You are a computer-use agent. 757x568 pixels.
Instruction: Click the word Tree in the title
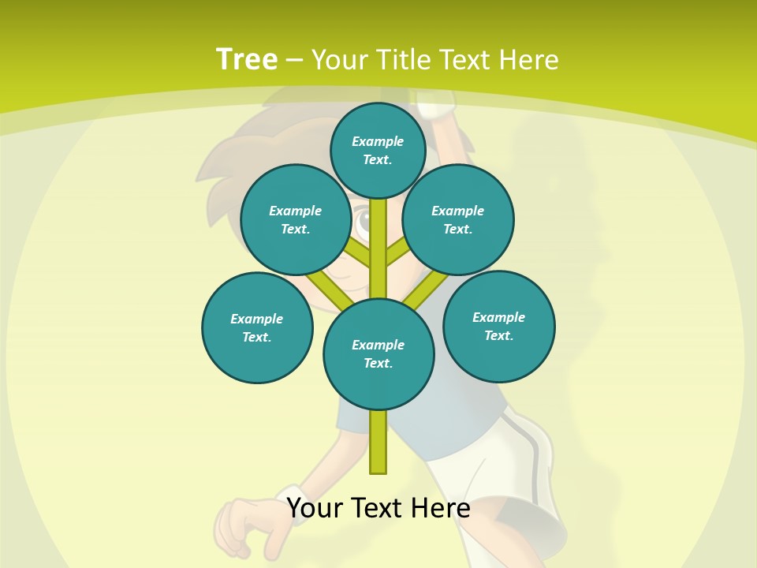(x=246, y=59)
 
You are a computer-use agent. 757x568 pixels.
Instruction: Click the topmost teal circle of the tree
(x=378, y=150)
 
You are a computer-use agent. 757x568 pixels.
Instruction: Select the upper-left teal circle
(x=295, y=219)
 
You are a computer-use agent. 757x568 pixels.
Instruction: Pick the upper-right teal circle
(x=458, y=219)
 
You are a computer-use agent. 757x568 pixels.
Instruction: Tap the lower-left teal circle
(x=257, y=327)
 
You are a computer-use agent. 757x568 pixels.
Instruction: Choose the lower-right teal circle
(x=498, y=326)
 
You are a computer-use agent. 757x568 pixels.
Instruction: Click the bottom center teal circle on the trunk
(x=378, y=353)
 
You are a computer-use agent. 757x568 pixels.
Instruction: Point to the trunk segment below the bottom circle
(x=378, y=442)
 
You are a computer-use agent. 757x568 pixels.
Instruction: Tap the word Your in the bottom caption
(x=315, y=508)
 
